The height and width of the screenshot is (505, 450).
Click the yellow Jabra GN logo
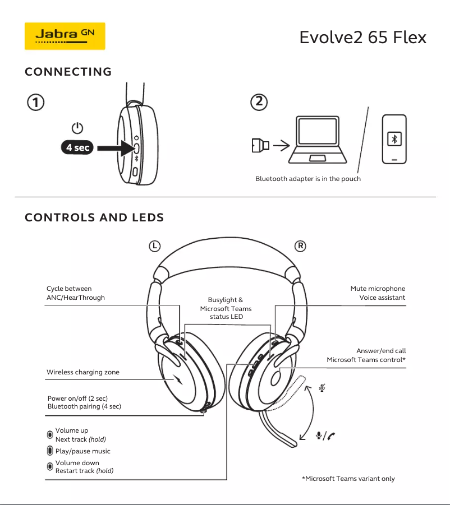click(x=65, y=36)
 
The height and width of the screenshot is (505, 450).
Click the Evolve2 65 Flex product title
click(x=362, y=38)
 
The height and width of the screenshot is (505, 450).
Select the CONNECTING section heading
click(x=68, y=72)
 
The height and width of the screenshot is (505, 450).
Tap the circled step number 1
click(x=35, y=103)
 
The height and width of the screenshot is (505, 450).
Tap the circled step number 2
click(x=259, y=101)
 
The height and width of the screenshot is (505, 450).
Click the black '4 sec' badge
click(x=77, y=148)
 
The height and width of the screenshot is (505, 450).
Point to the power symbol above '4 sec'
click(x=77, y=128)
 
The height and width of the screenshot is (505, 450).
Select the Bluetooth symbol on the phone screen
click(x=394, y=140)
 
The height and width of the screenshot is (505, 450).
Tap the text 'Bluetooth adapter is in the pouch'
click(x=308, y=179)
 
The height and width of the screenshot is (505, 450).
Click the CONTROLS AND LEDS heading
click(x=94, y=217)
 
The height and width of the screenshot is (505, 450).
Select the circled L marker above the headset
click(x=155, y=245)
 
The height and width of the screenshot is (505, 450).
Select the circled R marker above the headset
click(x=301, y=245)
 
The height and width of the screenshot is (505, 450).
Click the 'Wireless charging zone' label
click(x=82, y=372)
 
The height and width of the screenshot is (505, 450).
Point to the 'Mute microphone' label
click(x=378, y=289)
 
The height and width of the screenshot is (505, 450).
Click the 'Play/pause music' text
click(x=82, y=451)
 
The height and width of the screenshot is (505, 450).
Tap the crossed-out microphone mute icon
click(x=322, y=387)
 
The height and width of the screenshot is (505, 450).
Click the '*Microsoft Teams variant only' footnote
click(x=348, y=479)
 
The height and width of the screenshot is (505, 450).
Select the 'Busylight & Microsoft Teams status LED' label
click(x=226, y=308)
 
